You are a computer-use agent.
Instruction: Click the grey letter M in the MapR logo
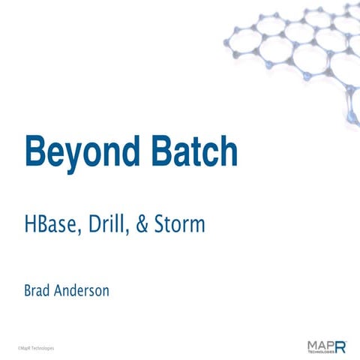pos(312,343)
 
